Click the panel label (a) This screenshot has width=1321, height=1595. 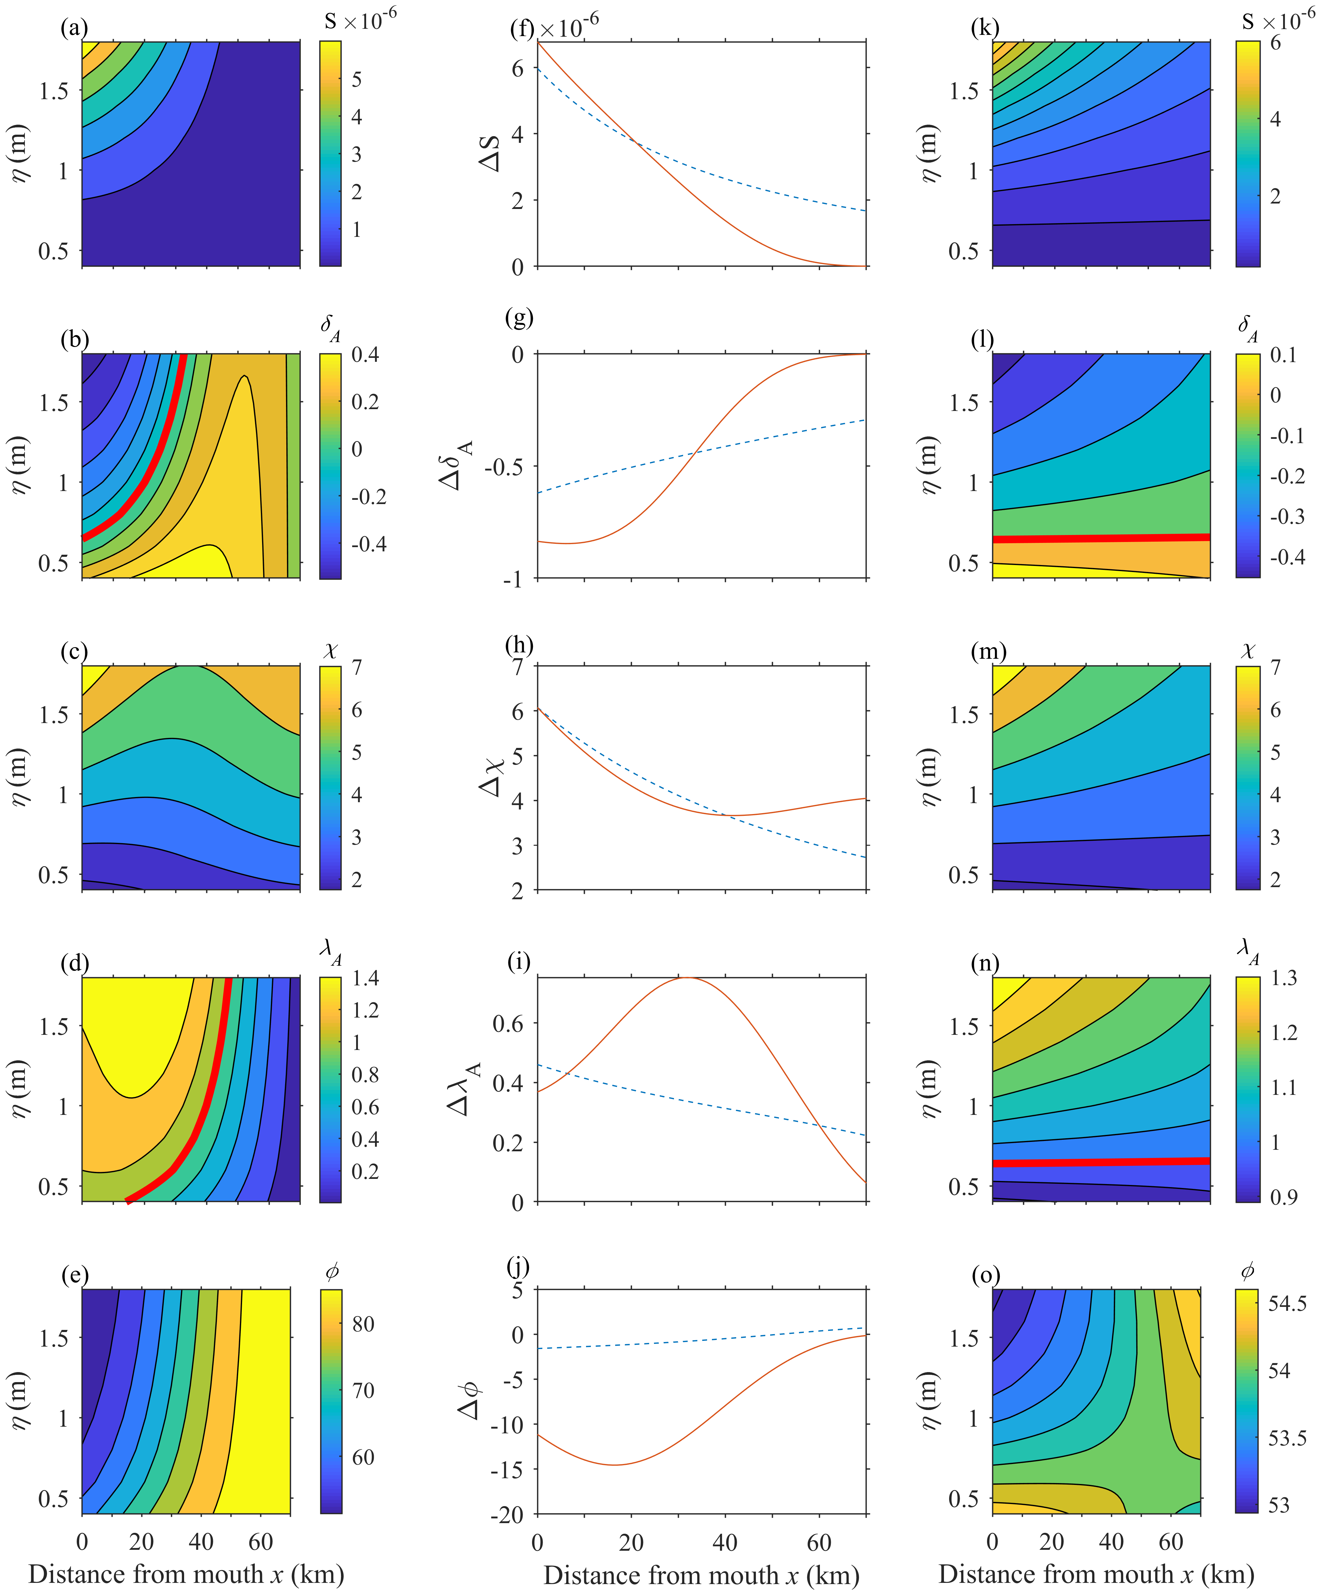pyautogui.click(x=74, y=28)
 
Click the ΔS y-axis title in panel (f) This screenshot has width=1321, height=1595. pyautogui.click(x=491, y=153)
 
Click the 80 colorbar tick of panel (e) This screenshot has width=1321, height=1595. pyautogui.click(x=363, y=1324)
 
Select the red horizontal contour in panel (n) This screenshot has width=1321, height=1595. pyautogui.click(x=1101, y=1162)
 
